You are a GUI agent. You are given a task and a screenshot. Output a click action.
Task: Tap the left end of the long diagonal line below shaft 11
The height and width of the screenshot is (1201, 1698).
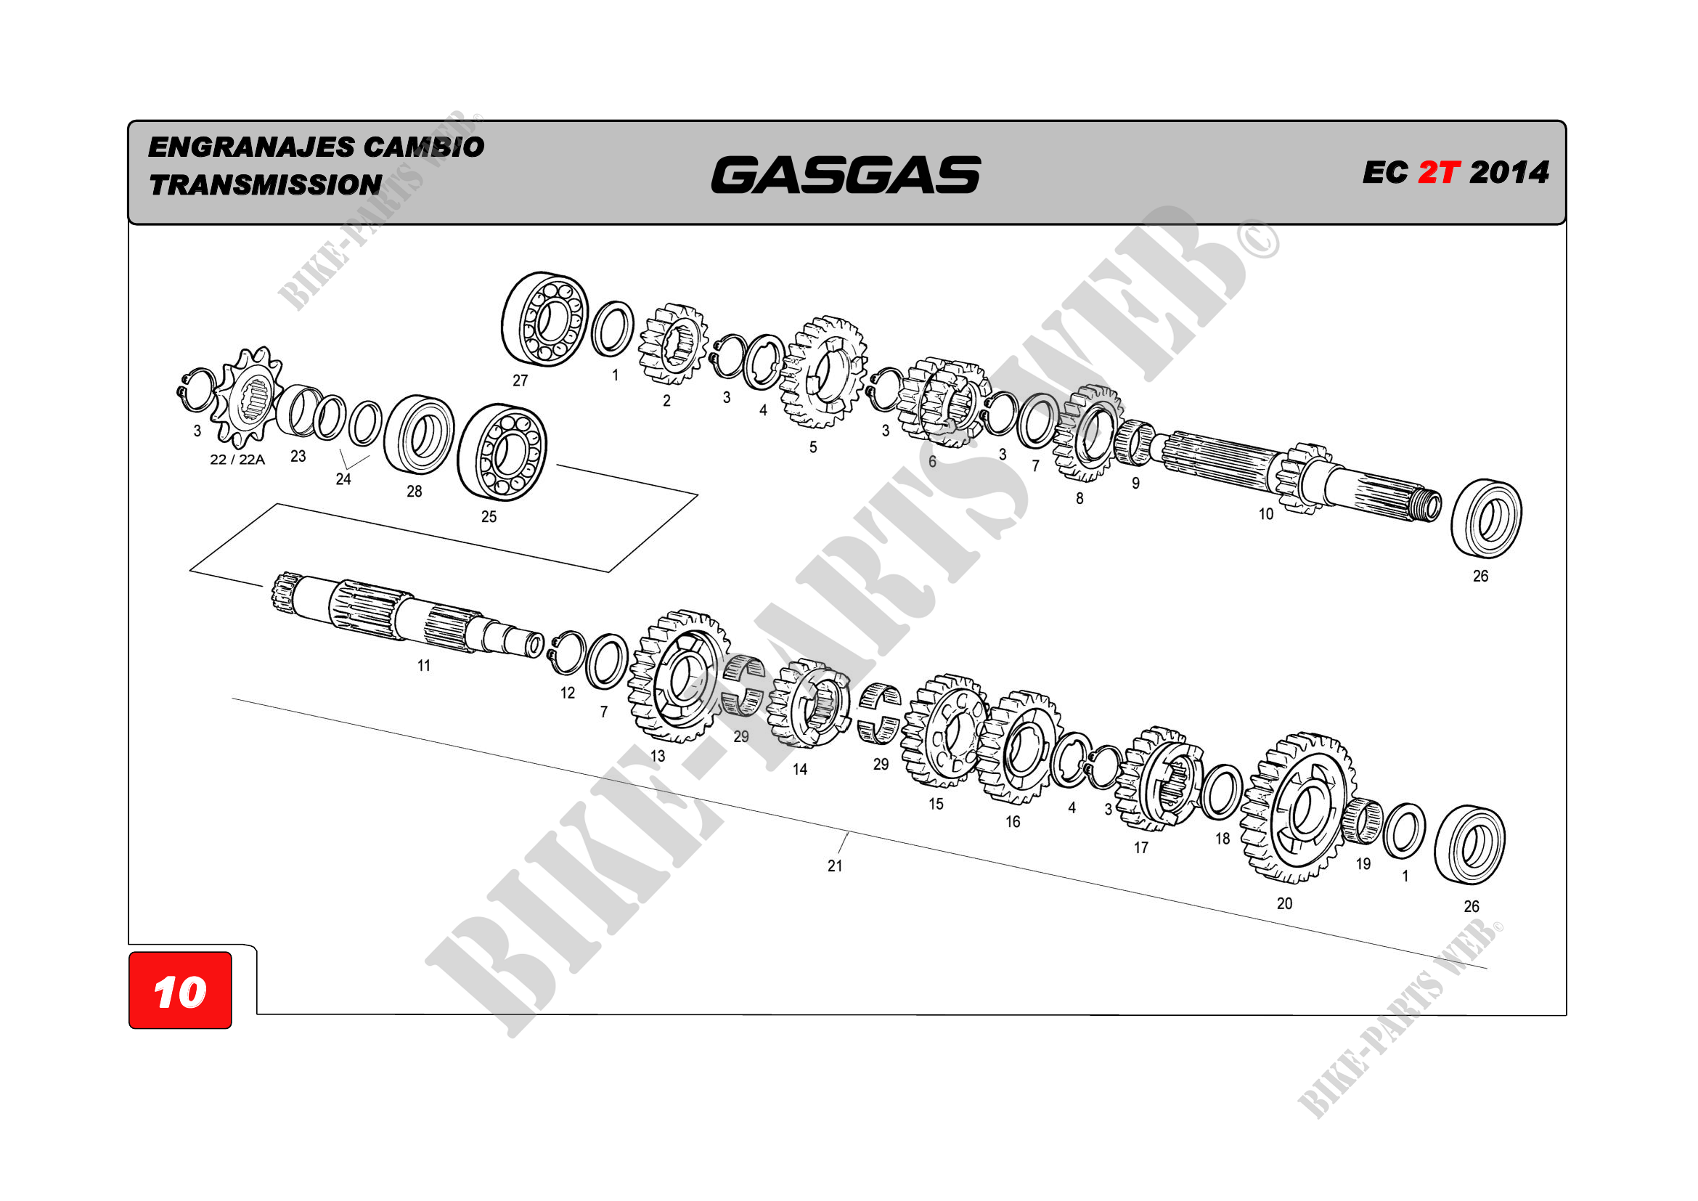point(232,698)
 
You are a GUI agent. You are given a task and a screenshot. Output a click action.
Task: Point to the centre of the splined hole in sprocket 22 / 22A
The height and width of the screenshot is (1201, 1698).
point(253,399)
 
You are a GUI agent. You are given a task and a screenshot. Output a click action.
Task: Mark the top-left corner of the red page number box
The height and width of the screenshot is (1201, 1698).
point(129,953)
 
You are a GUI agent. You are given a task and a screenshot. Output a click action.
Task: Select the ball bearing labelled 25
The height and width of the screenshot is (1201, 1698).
point(502,452)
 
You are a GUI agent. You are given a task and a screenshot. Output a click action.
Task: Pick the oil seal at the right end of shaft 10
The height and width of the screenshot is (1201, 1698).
point(1487,519)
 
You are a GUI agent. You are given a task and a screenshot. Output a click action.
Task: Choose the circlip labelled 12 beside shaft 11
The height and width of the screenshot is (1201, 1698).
point(568,653)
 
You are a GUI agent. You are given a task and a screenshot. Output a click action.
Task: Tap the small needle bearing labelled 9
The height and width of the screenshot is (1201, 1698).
point(1135,443)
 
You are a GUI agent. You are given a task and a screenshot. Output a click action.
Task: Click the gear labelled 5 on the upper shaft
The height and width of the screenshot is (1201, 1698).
point(823,372)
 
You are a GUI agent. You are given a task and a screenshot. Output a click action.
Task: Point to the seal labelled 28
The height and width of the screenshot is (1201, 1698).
point(420,435)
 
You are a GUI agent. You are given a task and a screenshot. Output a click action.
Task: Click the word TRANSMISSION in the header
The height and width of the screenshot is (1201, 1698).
point(266,185)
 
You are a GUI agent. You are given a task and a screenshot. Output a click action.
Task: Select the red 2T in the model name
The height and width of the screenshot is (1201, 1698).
point(1438,172)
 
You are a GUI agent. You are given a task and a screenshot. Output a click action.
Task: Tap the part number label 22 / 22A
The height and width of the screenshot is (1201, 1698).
point(237,459)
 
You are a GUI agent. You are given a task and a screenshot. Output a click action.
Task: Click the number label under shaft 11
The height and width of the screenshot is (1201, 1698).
point(424,666)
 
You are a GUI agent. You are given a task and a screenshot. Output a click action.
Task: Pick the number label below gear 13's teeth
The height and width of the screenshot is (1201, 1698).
point(658,756)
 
